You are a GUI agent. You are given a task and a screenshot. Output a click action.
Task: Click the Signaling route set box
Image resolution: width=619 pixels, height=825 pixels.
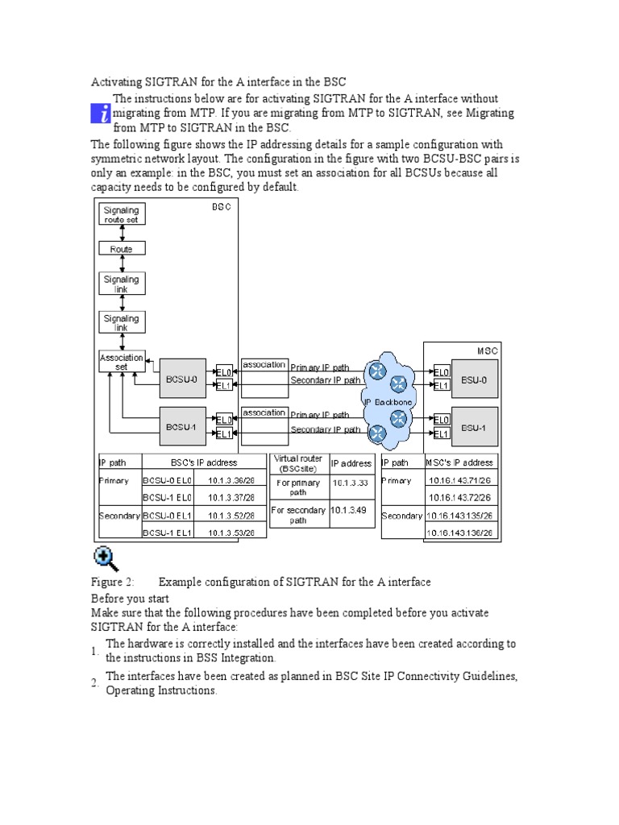(121, 214)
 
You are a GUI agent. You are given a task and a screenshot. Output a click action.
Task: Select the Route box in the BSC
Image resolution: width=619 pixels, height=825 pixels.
(121, 249)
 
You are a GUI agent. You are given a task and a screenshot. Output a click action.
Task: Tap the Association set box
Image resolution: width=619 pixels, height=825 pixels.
(122, 362)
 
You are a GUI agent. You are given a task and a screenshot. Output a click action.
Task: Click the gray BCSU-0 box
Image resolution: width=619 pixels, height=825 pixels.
(182, 378)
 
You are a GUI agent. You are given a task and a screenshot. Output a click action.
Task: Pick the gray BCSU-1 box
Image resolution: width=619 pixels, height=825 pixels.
(182, 426)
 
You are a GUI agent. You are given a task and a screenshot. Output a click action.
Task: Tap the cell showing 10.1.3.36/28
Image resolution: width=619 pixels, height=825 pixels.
(231, 480)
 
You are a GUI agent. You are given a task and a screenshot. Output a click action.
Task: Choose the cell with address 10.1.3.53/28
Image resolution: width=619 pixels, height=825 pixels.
(231, 533)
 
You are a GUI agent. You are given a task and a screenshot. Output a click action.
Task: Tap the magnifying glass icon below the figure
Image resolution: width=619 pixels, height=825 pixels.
(106, 558)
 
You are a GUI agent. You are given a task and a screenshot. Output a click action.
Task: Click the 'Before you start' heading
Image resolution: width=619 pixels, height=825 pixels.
(130, 599)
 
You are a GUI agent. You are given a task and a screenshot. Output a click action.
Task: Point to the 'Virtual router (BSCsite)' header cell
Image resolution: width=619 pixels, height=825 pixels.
(298, 462)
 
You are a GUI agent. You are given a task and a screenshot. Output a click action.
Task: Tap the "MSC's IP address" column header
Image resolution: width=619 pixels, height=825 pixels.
(459, 462)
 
